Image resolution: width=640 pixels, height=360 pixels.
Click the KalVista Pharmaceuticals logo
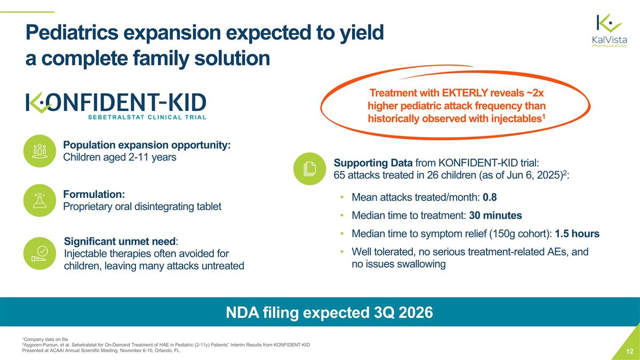pos(609,31)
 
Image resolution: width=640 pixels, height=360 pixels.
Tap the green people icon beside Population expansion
pos(41,150)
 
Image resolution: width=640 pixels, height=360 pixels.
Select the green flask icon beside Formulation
pos(41,201)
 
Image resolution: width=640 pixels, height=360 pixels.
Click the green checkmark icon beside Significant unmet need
pos(41,253)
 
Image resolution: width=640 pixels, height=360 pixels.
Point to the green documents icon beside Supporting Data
pos(309,169)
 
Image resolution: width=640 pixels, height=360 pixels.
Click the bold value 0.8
pos(490,198)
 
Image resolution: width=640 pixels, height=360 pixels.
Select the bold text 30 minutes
pos(495,215)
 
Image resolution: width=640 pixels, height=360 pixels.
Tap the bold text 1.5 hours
pos(577,234)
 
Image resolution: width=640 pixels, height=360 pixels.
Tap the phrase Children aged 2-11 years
pos(119,157)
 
